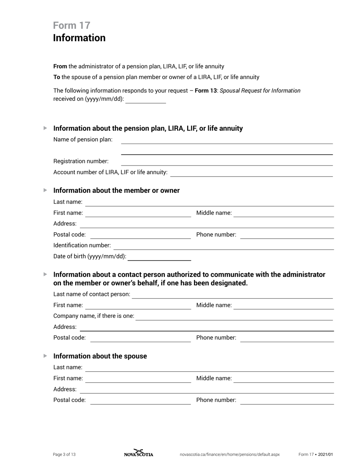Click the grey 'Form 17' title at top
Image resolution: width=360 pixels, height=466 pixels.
point(72,25)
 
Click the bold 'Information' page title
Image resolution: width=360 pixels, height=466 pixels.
point(79,38)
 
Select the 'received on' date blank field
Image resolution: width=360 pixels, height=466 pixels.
point(146,100)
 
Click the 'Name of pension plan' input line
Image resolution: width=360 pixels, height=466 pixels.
point(226,140)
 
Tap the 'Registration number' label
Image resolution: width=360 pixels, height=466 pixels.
point(81,161)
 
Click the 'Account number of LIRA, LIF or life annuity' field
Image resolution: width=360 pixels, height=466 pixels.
point(251,173)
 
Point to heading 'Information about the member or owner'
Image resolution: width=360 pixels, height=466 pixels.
point(116,191)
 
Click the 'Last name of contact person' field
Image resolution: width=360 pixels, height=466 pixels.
point(232,295)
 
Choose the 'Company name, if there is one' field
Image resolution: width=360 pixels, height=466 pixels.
point(234,316)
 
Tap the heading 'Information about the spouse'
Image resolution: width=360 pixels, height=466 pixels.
point(100,356)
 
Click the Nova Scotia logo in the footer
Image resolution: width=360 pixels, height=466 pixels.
point(139,453)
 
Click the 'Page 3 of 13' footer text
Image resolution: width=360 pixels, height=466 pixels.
point(64,455)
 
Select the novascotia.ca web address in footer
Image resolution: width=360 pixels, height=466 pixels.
point(230,455)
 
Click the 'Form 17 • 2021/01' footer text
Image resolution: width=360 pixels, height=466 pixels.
point(316,455)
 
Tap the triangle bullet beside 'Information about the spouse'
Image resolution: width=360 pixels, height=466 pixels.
point(45,356)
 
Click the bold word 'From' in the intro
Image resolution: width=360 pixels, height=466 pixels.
point(60,67)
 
